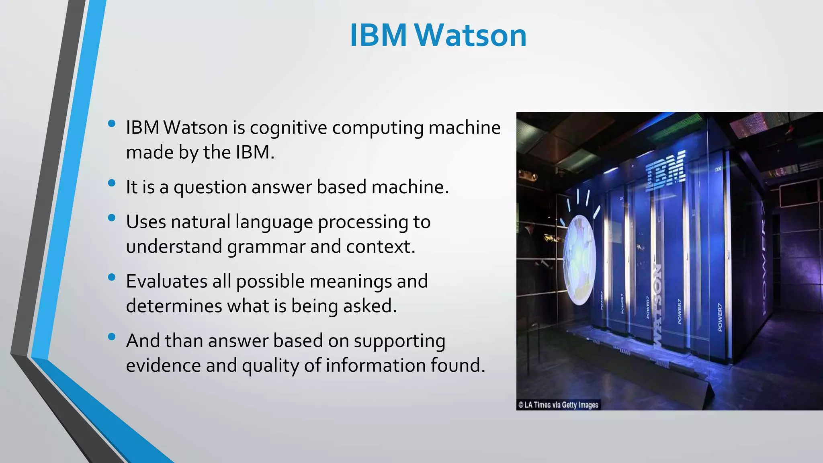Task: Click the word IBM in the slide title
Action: point(379,35)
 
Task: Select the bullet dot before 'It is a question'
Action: point(112,183)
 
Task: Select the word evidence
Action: point(163,365)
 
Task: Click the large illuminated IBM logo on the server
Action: point(665,171)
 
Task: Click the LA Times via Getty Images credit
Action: point(558,405)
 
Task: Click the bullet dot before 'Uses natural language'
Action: point(112,218)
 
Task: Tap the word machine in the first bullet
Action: point(464,128)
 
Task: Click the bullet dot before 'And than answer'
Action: point(112,336)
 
